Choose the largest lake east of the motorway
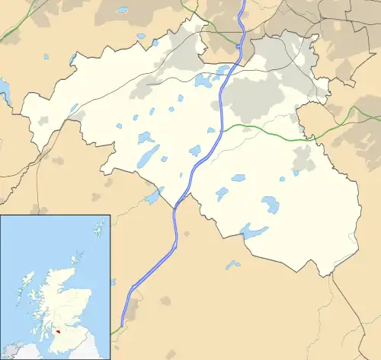click(x=270, y=205)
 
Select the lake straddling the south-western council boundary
click(x=154, y=196)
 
